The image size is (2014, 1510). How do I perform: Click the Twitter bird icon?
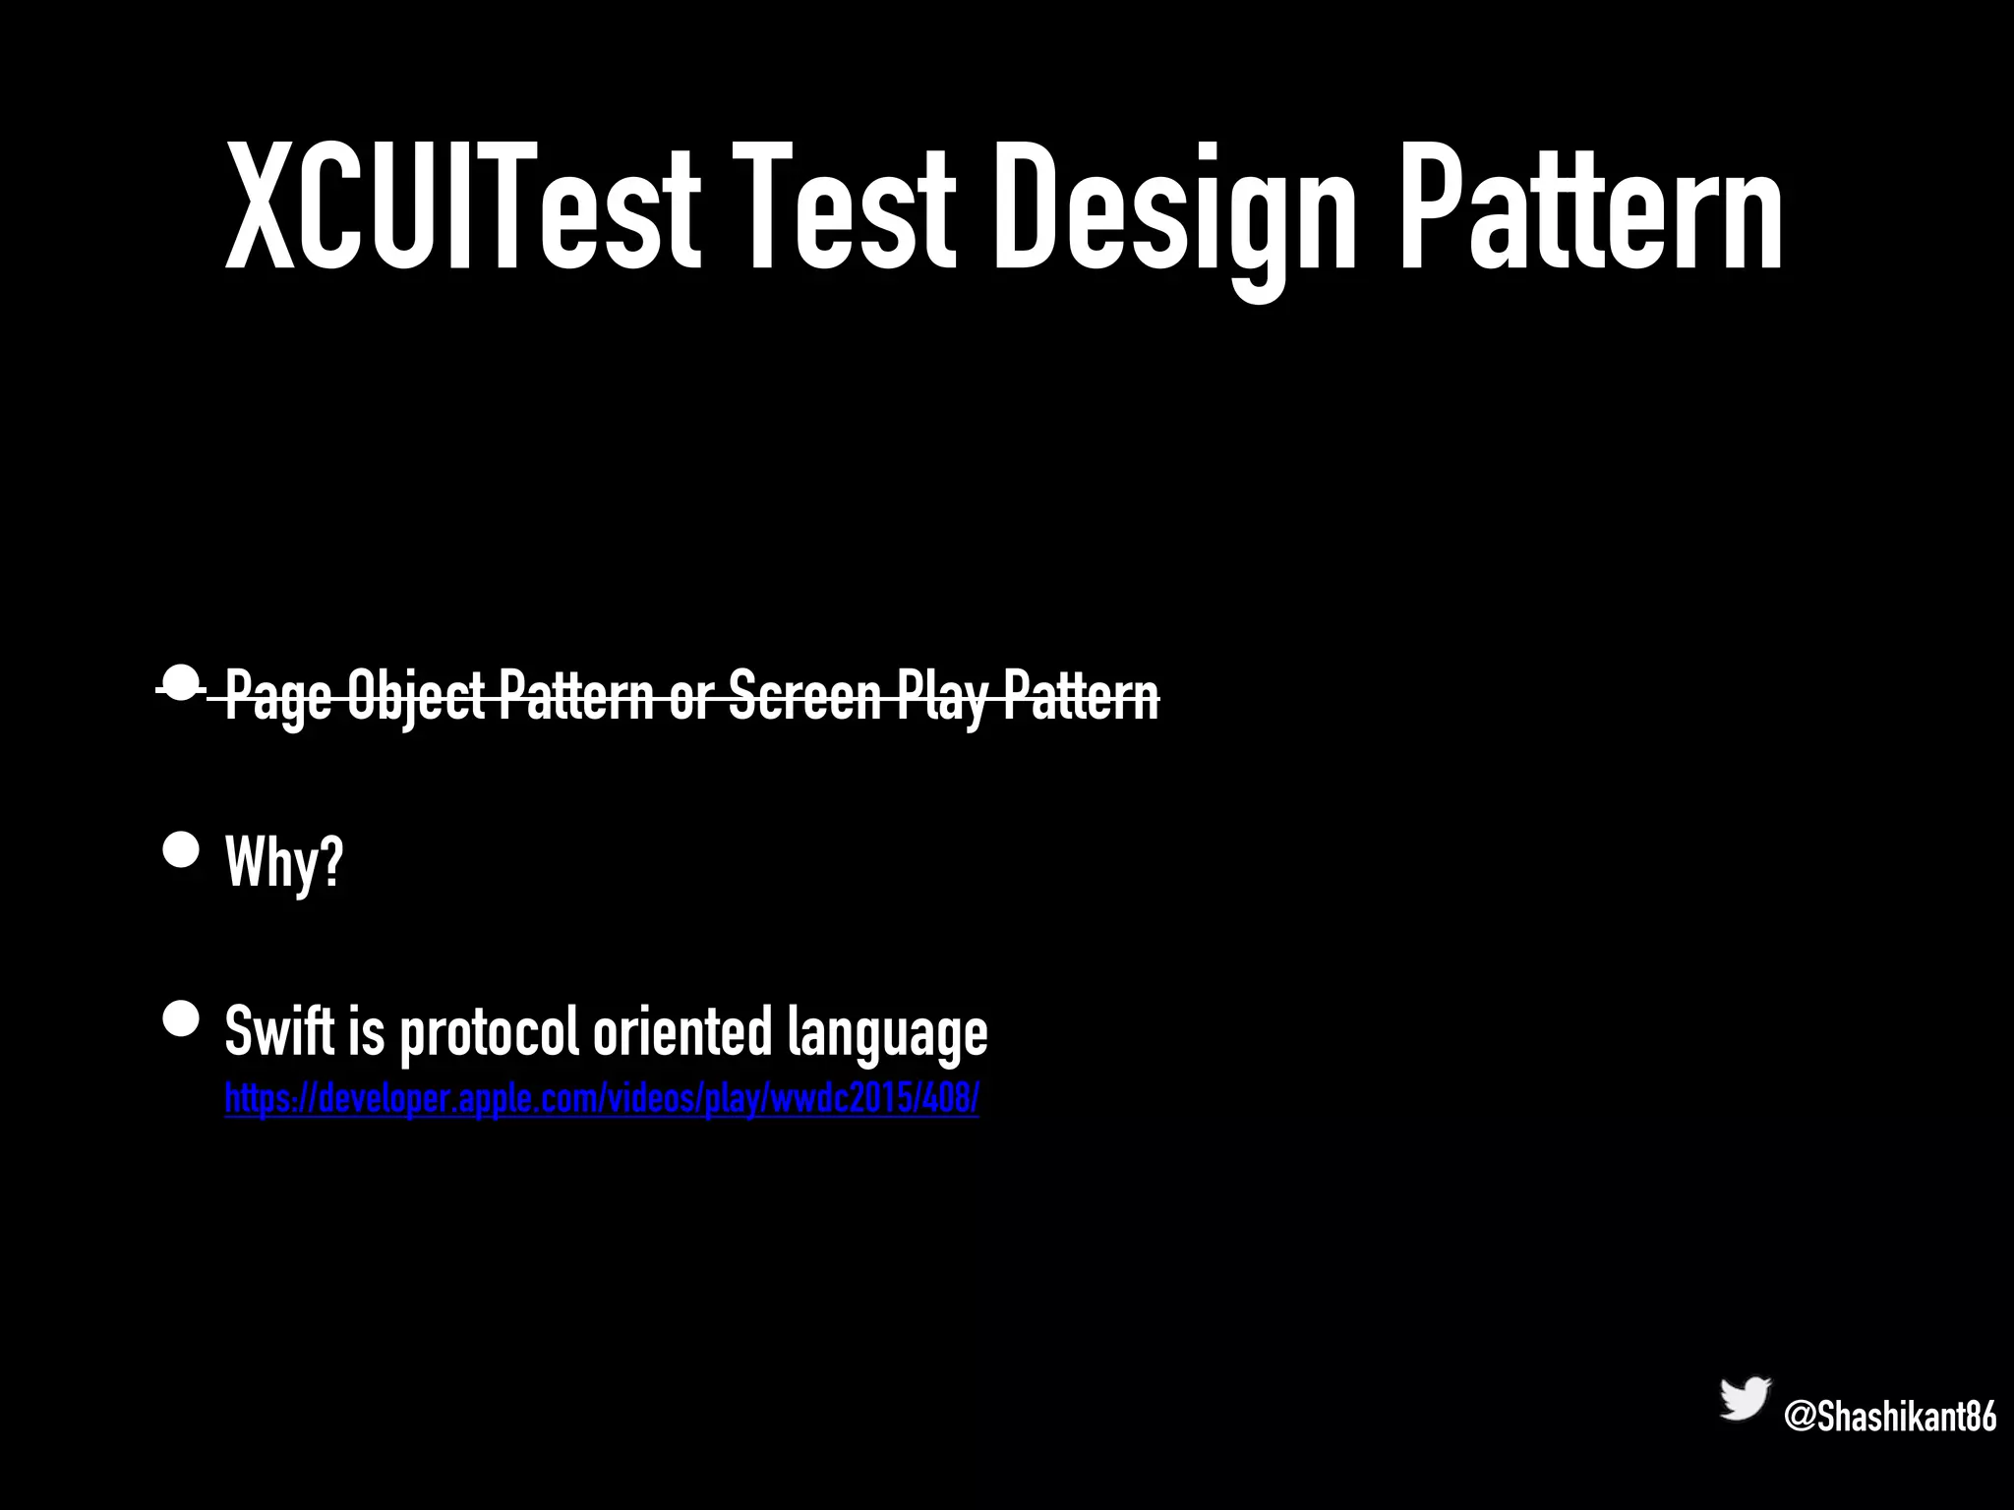(x=1745, y=1399)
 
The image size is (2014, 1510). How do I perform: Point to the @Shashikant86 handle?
(x=1890, y=1417)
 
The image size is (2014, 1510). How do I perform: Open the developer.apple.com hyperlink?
(x=602, y=1098)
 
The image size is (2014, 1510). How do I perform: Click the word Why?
(x=284, y=862)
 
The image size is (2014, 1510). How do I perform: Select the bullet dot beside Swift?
(x=181, y=1019)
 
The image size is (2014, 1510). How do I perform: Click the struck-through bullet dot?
(x=181, y=682)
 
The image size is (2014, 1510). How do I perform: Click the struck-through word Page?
(x=278, y=696)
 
